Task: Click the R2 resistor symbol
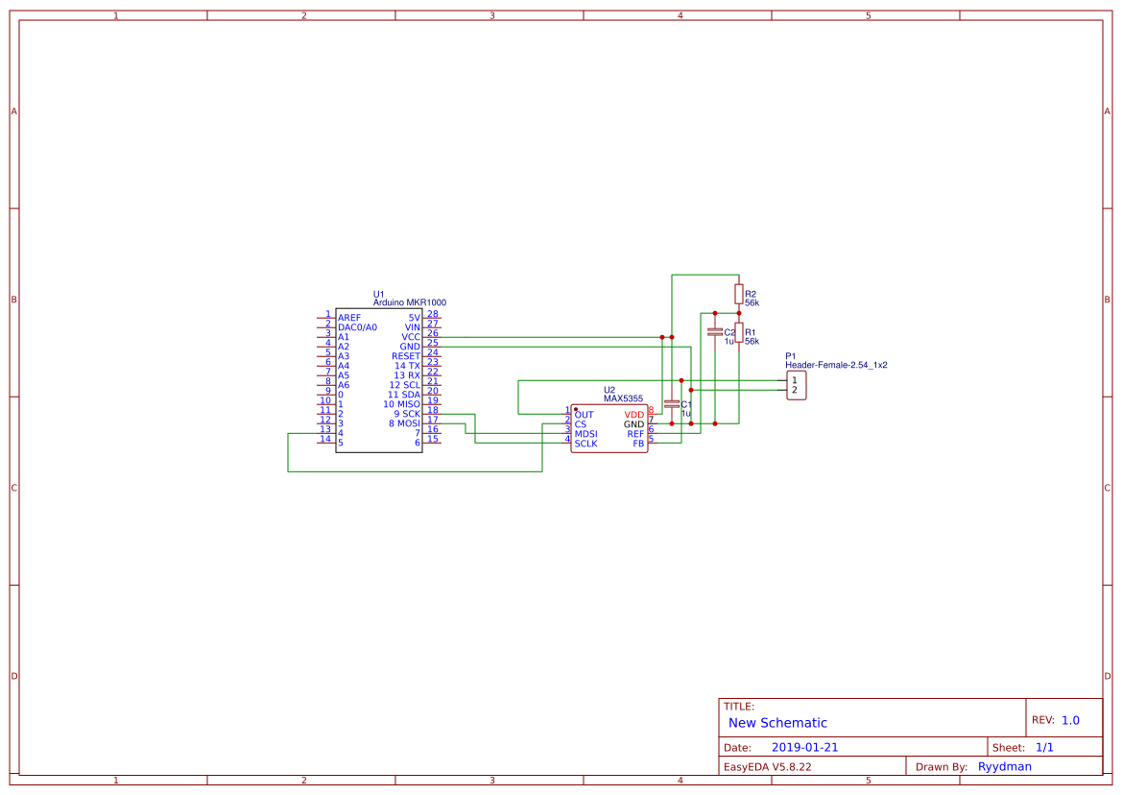[738, 294]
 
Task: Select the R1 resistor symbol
[738, 332]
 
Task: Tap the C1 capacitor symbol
[672, 404]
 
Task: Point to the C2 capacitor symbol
[714, 332]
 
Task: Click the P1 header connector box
[796, 385]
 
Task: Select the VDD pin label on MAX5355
[634, 415]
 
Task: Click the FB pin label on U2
[638, 444]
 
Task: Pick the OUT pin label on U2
[584, 415]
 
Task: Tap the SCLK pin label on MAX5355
[585, 444]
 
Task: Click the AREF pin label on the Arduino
[349, 318]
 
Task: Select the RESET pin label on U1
[406, 356]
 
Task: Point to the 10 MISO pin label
[401, 404]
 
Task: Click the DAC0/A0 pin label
[357, 327]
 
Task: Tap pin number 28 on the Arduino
[433, 314]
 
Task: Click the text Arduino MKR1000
[409, 302]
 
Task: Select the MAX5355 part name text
[623, 398]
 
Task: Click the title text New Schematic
[777, 723]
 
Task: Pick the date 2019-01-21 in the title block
[804, 747]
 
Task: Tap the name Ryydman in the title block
[1005, 766]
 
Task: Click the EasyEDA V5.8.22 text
[767, 766]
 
